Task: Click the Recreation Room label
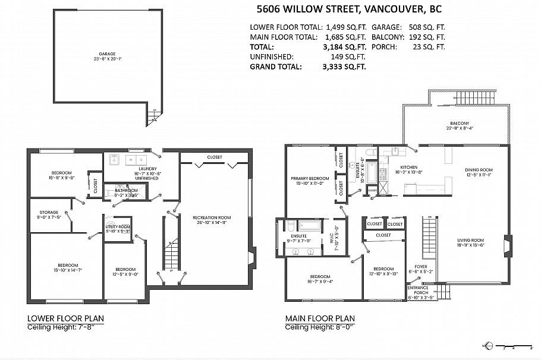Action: point(212,218)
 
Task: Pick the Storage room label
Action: point(49,212)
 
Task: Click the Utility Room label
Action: point(118,226)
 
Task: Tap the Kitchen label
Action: point(408,168)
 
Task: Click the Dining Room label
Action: point(479,170)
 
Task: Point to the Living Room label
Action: point(470,241)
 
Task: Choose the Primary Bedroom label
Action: point(310,178)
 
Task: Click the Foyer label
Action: point(420,267)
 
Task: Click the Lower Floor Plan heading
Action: point(65,318)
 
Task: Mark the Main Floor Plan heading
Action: point(322,318)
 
